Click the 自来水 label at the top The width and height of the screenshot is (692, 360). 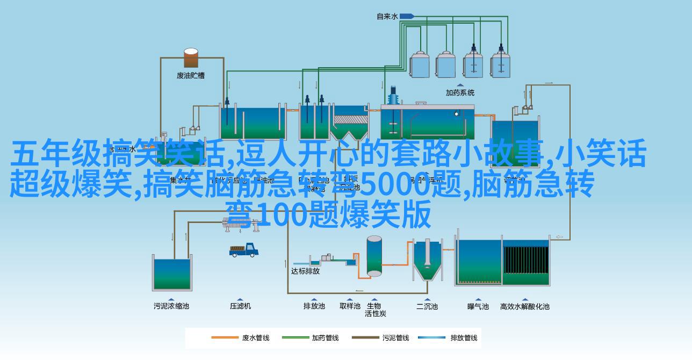pyautogui.click(x=387, y=17)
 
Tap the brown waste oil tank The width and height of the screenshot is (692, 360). pyautogui.click(x=191, y=58)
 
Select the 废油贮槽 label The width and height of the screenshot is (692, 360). pyautogui.click(x=191, y=76)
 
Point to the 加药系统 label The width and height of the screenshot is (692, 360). pyautogui.click(x=460, y=92)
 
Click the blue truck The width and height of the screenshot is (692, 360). pyautogui.click(x=244, y=250)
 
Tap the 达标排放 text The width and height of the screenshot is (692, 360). pyautogui.click(x=305, y=271)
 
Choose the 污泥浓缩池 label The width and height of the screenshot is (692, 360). pyautogui.click(x=171, y=306)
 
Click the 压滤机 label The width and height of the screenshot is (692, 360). pyautogui.click(x=240, y=306)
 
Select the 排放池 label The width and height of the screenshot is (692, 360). pyautogui.click(x=314, y=306)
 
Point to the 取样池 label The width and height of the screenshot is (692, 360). pyautogui.click(x=350, y=306)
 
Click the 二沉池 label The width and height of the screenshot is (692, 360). pyautogui.click(x=427, y=306)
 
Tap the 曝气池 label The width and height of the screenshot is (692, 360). pyautogui.click(x=478, y=306)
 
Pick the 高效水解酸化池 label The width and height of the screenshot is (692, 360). pyautogui.click(x=524, y=306)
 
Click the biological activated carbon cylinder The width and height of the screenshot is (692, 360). pyautogui.click(x=374, y=256)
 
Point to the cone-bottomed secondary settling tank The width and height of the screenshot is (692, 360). pyautogui.click(x=427, y=261)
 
